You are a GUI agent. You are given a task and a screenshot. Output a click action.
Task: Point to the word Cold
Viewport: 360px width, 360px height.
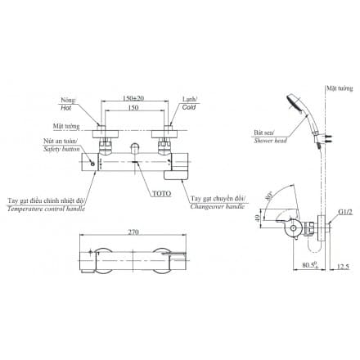(188, 107)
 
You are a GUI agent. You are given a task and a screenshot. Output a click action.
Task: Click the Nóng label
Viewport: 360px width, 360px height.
(67, 97)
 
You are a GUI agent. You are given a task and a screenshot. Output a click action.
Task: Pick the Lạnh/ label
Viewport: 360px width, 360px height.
(188, 97)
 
